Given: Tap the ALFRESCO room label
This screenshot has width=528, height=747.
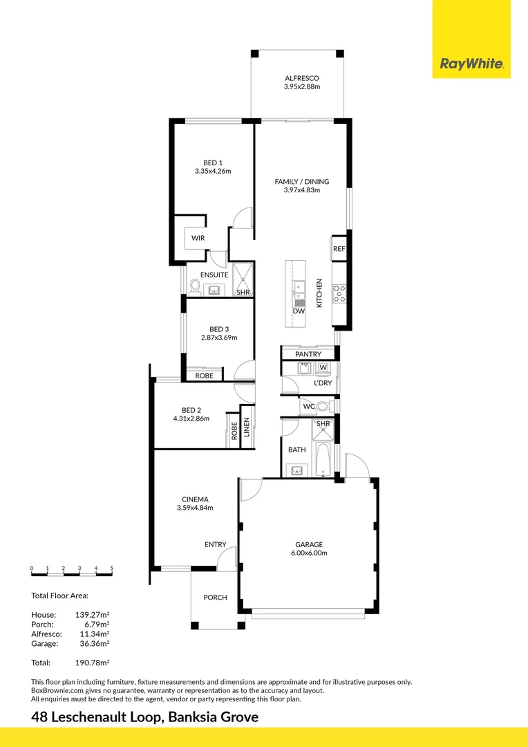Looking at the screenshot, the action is click(302, 78).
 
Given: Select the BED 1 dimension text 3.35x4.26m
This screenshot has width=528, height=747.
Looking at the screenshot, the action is click(213, 172).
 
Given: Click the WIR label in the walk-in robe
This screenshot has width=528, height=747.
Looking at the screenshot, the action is click(198, 238).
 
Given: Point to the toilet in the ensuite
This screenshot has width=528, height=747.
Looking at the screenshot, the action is click(195, 287).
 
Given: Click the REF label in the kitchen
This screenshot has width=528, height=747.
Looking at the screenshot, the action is click(339, 249).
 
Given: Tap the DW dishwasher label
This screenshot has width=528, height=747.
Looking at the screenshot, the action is click(299, 311).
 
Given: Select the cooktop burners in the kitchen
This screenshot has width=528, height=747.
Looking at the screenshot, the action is click(339, 293).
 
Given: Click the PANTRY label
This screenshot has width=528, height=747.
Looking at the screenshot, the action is click(308, 354).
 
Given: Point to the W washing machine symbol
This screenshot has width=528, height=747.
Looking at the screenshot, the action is click(323, 367).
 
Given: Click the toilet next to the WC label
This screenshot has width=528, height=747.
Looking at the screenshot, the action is click(324, 407).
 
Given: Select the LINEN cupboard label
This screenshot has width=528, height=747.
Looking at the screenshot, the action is click(247, 427).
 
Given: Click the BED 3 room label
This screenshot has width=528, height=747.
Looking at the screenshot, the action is click(219, 329).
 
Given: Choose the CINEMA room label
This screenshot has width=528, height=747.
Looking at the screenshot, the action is click(195, 499).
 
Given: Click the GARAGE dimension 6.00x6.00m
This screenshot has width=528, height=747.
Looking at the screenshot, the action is click(309, 553).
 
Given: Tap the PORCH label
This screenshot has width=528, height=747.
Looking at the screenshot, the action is click(215, 598).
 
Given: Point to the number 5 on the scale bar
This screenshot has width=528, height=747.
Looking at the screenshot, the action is click(112, 568).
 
